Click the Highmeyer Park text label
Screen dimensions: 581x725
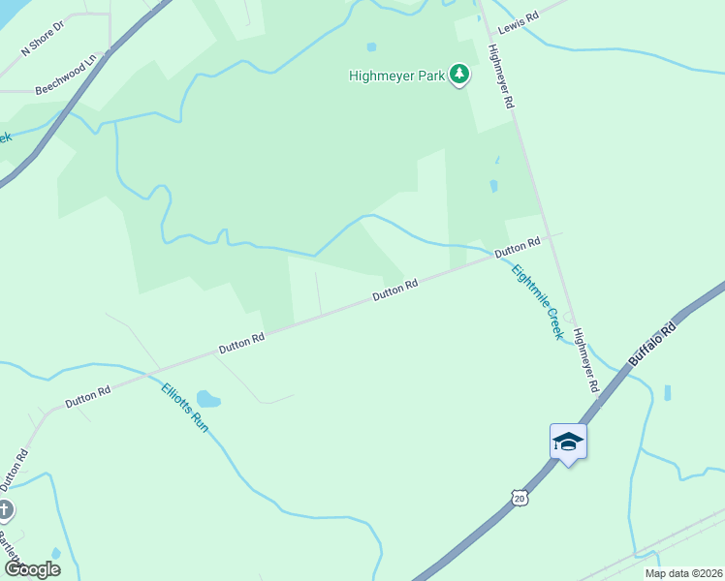397,76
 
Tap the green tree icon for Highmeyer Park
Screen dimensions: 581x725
459,75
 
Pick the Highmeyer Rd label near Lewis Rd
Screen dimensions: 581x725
501,76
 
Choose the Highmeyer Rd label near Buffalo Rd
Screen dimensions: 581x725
584,359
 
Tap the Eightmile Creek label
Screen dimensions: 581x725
536,300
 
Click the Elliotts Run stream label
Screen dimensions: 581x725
184,408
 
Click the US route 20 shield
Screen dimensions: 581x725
520,497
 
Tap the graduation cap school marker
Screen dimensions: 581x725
568,443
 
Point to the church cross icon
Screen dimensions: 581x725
4,509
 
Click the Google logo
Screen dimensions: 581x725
32,568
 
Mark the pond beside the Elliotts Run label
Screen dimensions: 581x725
207,398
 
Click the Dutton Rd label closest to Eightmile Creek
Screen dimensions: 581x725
516,247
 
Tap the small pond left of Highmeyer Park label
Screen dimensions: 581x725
371,46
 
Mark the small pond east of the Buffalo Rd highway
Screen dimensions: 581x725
668,392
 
